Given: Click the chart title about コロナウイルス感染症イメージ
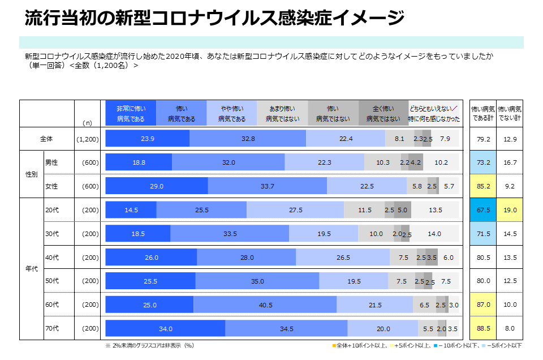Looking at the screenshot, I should point(214,18).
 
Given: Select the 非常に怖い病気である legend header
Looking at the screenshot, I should point(131,113).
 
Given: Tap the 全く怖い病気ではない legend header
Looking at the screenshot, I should point(383,113).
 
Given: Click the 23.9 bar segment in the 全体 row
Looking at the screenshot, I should point(148,139).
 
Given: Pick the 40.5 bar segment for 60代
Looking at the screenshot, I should point(265,305).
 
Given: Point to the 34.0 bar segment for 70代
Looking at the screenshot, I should point(165,328).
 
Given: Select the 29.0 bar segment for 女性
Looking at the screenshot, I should point(157,186).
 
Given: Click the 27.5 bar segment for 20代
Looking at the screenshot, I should point(295,210).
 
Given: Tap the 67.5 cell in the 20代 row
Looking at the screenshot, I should point(483,210).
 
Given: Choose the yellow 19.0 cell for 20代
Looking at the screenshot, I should point(510,210).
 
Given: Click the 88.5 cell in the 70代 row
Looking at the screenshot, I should point(483,328).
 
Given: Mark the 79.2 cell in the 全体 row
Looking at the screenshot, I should point(483,139).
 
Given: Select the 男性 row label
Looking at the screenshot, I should point(51,162).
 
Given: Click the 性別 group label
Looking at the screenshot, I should point(32,174).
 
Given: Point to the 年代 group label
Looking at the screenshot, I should point(32,269).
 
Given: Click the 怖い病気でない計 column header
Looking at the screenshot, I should point(510,113).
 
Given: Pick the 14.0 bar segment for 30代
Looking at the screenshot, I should point(434,234).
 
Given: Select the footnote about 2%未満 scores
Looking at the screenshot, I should point(150,345).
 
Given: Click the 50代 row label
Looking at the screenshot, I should point(51,281).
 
